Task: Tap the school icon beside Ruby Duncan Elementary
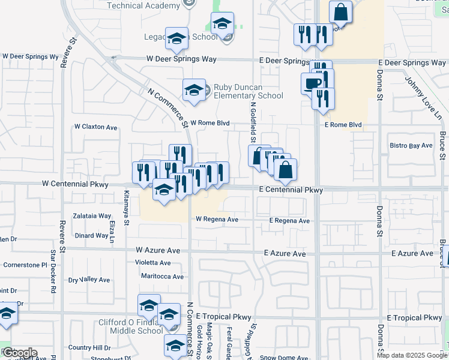(194, 90)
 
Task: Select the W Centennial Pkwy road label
(75, 184)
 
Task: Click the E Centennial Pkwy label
(291, 190)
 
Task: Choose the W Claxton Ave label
(95, 127)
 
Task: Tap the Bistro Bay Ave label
(411, 146)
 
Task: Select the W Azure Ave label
(158, 250)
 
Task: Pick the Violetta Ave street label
(152, 263)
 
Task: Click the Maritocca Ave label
(162, 277)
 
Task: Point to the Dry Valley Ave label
(89, 280)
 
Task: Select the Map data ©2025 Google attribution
(412, 355)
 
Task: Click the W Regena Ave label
(217, 220)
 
